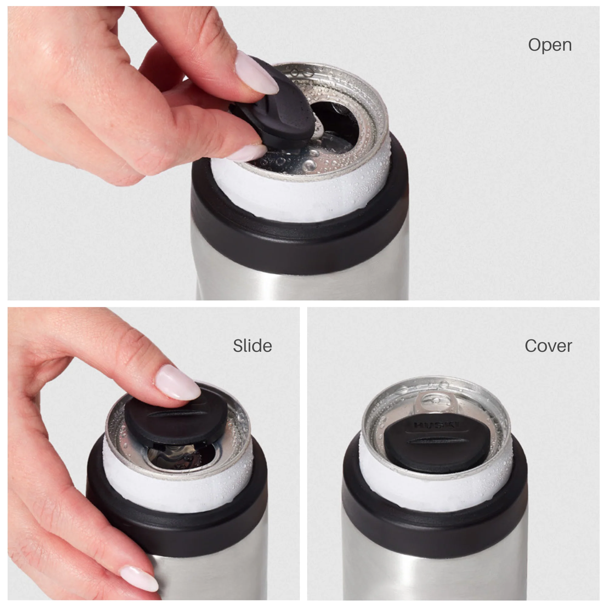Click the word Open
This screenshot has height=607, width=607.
[x=550, y=45]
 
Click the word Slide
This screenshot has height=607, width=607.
[x=252, y=346]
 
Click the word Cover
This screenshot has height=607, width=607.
[x=548, y=346]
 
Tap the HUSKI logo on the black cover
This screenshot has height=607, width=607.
[x=437, y=426]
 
